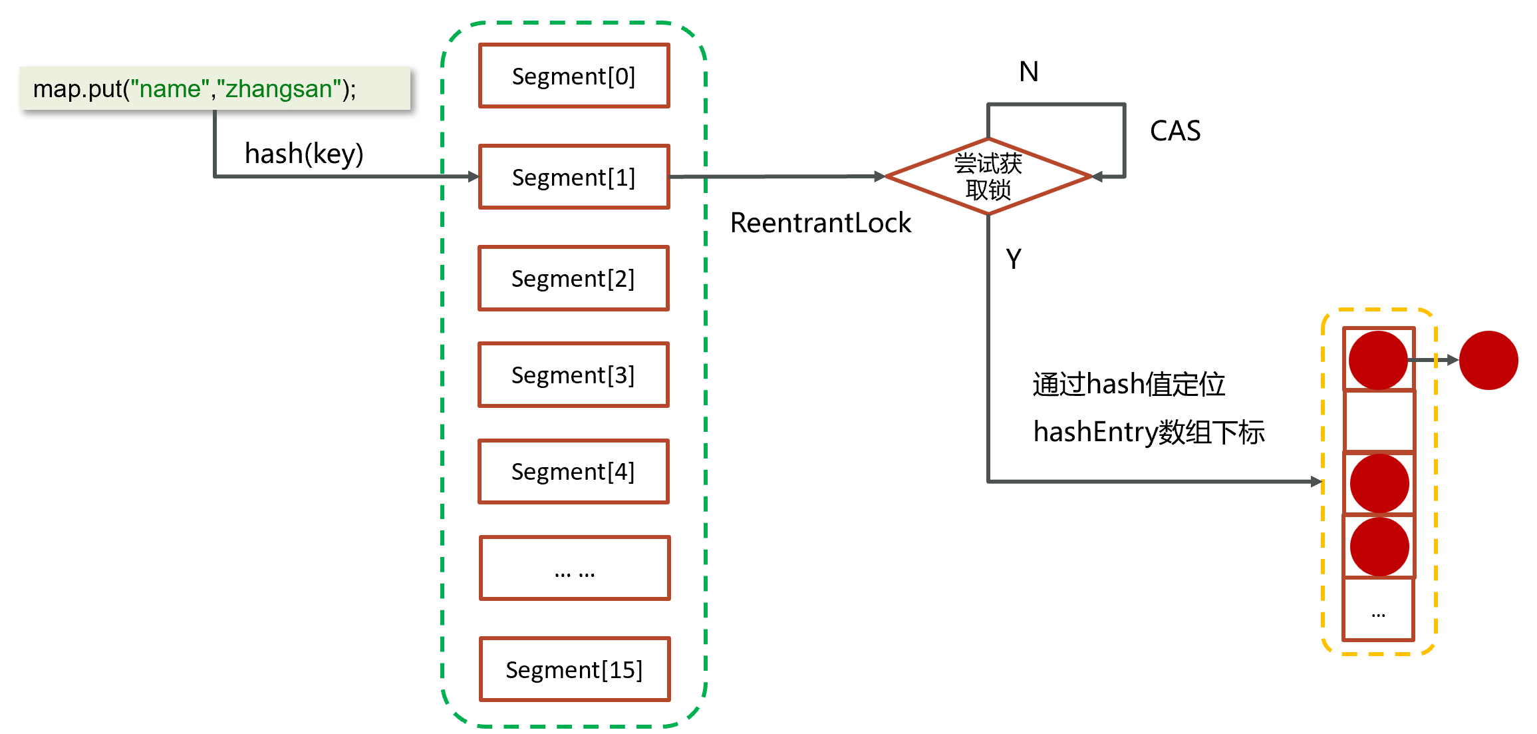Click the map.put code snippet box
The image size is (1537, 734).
[x=215, y=88]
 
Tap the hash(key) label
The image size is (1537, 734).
[x=304, y=154]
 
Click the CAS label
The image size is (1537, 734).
[x=1175, y=131]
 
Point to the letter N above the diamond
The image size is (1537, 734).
[x=1028, y=72]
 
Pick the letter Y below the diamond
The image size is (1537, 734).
[x=1014, y=259]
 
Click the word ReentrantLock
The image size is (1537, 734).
[x=821, y=223]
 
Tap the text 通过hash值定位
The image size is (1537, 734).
[x=1129, y=384]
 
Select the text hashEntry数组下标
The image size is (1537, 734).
[x=1149, y=432]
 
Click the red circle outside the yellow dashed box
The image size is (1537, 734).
[x=1488, y=360]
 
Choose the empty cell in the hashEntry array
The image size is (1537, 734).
[x=1379, y=421]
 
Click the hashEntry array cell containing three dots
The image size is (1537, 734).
[x=1379, y=609]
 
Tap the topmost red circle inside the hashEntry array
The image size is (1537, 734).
[x=1378, y=360]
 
